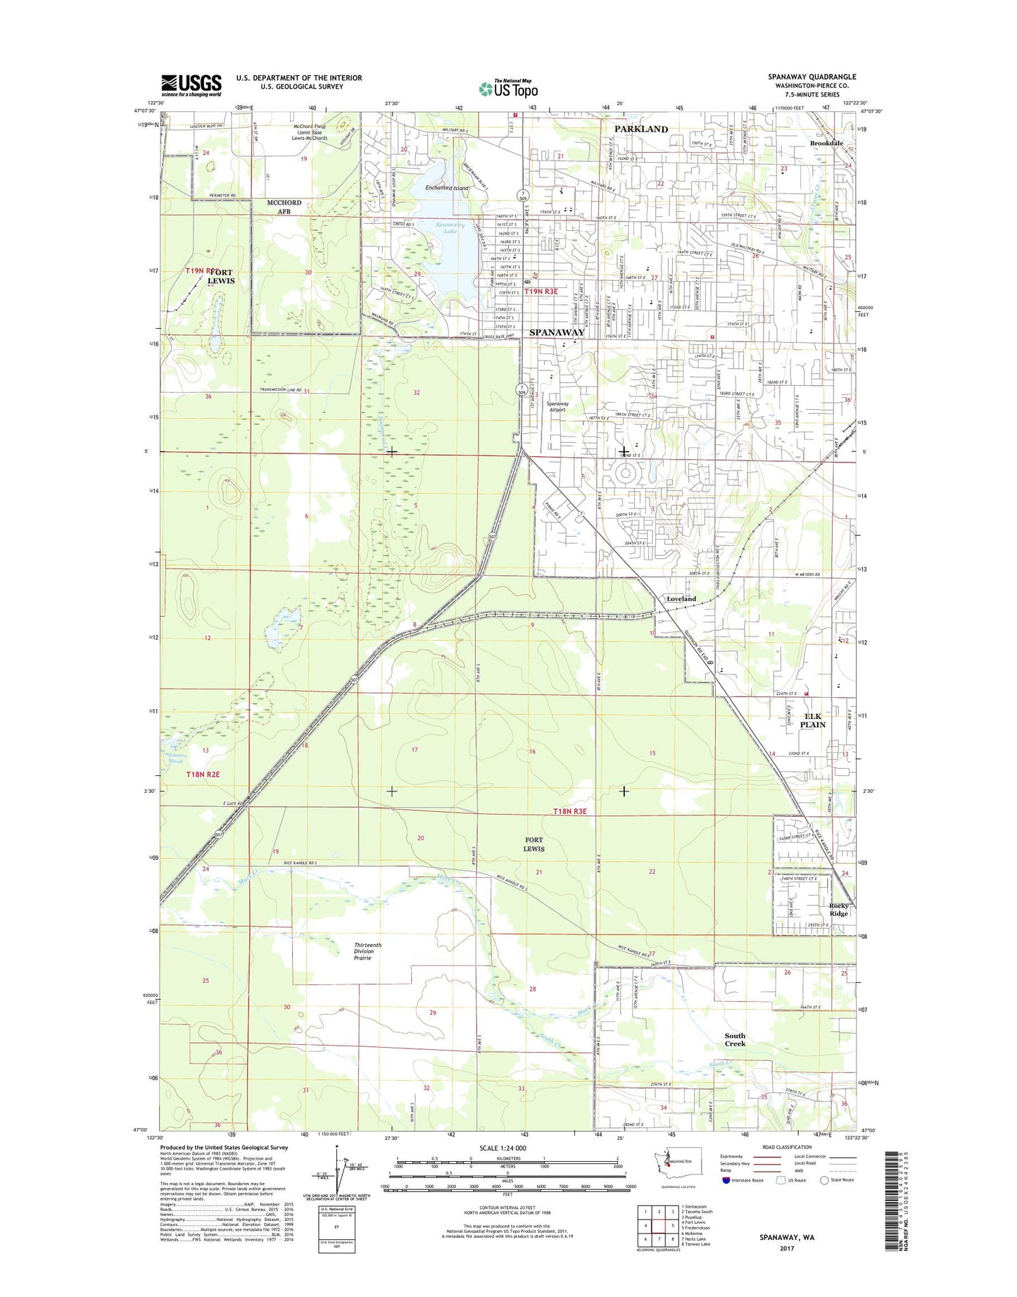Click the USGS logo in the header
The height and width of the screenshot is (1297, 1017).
[x=191, y=85]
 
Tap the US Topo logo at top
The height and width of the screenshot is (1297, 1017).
[x=508, y=88]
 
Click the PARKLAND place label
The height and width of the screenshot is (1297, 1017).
[x=640, y=130]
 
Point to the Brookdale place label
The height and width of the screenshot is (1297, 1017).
[x=826, y=143]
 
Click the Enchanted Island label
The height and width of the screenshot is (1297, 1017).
[x=447, y=188]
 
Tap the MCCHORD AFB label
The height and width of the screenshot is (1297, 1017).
[x=284, y=207]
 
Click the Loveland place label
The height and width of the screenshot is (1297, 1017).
[x=681, y=599]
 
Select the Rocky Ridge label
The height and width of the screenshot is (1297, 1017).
[x=838, y=910]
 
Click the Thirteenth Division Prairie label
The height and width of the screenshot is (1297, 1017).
[x=367, y=951]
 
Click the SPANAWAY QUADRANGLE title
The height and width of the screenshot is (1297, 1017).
[x=812, y=77]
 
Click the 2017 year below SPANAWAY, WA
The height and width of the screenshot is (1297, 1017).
[x=786, y=1248]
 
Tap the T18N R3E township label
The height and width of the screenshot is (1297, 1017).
[x=569, y=812]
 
